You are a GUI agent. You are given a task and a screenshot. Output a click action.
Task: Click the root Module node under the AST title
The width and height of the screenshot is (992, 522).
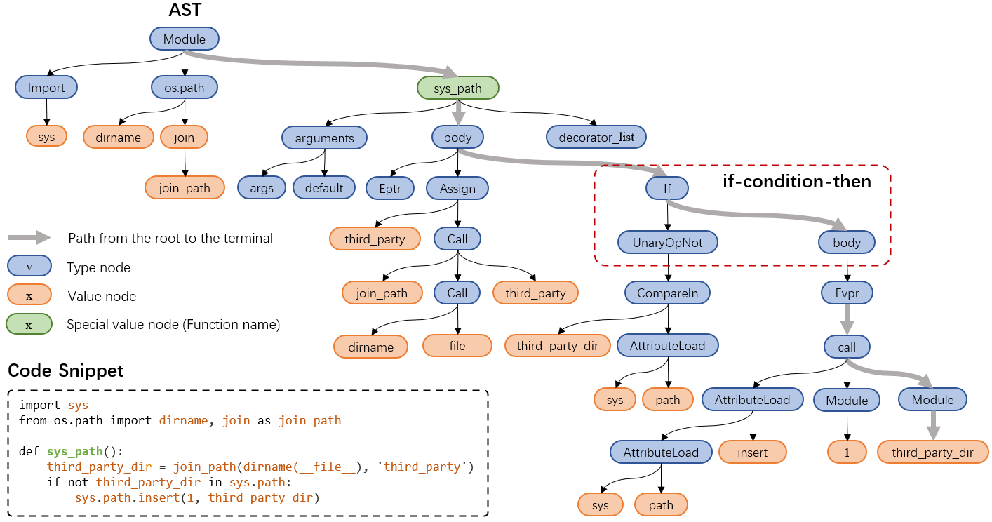(x=185, y=39)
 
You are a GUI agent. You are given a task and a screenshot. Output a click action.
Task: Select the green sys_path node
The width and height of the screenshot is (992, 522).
(x=457, y=88)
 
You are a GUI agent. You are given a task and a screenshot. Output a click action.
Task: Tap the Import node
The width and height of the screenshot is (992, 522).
(x=46, y=88)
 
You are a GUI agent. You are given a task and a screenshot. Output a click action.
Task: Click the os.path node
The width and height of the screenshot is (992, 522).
(x=185, y=88)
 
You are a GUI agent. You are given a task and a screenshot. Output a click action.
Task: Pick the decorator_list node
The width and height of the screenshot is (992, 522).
(x=596, y=138)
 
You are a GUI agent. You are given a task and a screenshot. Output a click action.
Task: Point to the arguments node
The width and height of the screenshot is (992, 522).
(x=324, y=138)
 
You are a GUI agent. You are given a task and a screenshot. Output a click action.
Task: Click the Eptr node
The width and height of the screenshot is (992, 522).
(x=390, y=188)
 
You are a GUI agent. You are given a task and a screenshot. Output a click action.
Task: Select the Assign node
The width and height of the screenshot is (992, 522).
(x=457, y=188)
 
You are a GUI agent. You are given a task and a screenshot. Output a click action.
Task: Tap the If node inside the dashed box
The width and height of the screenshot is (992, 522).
(x=667, y=188)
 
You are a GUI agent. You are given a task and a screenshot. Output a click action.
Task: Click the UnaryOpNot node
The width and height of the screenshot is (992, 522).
(x=667, y=243)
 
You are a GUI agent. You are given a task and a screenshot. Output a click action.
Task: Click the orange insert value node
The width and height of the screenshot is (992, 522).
(x=753, y=453)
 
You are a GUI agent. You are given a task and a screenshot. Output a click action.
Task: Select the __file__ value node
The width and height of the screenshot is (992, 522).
(x=457, y=347)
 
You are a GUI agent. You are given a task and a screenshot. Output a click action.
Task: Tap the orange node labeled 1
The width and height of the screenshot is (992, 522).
(x=847, y=453)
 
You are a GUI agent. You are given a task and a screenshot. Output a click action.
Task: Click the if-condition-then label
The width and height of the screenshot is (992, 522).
(x=797, y=182)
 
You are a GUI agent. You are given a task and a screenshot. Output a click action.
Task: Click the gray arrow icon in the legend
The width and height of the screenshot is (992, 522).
(x=29, y=238)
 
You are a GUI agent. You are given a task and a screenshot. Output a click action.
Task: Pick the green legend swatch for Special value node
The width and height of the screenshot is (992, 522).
(x=29, y=325)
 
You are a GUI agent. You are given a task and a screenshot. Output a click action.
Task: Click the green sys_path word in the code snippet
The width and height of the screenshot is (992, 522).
(x=74, y=451)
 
